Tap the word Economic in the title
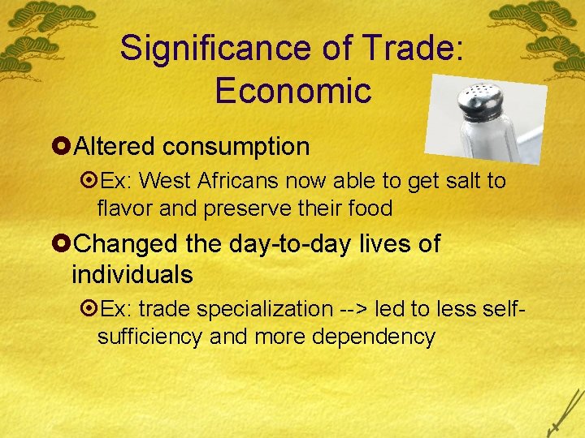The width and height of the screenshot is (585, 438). (292, 91)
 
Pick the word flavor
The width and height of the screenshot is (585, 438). (123, 208)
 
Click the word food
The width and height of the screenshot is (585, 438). (370, 208)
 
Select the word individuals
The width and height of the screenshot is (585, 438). (132, 275)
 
